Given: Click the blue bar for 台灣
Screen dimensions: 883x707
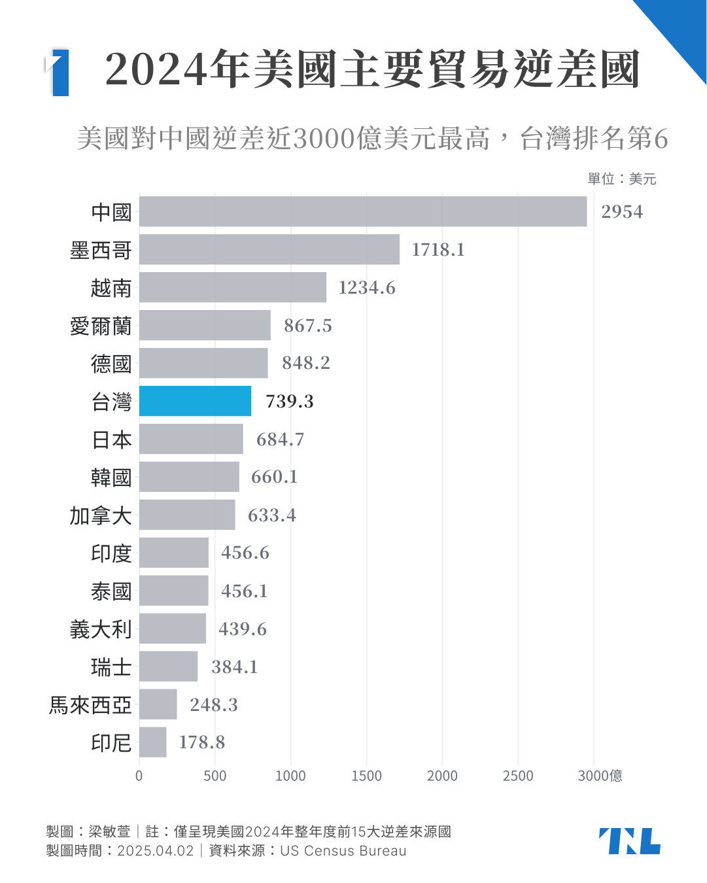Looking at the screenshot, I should (x=195, y=401).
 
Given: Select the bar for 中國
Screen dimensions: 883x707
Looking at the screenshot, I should (x=363, y=211).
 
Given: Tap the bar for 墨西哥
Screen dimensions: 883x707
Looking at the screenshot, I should (x=269, y=249).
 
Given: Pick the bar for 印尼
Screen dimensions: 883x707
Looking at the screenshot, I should (x=152, y=742).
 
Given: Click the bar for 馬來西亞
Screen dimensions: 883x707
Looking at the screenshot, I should (x=158, y=704).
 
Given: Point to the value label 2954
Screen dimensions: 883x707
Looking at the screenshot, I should (x=622, y=212).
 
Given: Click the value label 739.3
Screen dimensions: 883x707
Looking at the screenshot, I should (x=290, y=402).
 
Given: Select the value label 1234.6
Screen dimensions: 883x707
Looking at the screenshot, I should (x=367, y=288).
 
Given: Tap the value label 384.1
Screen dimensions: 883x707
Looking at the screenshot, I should (x=235, y=667).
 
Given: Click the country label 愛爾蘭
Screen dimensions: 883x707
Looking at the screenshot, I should (x=101, y=326).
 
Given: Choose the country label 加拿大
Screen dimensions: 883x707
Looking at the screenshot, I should (x=101, y=515).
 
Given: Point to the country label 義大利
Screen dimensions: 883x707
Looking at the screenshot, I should (x=101, y=629).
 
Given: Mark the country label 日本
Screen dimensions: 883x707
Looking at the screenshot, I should (x=111, y=440).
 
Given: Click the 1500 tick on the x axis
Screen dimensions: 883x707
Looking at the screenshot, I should (x=366, y=776).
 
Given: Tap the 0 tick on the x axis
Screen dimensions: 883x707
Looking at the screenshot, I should (x=139, y=776).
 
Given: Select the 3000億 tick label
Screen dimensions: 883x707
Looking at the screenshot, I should (x=600, y=776).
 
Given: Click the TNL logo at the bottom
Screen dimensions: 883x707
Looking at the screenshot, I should (x=629, y=841).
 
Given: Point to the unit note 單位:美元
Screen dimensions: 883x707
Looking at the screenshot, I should (x=621, y=179).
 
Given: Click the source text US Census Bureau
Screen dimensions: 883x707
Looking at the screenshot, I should (x=343, y=851).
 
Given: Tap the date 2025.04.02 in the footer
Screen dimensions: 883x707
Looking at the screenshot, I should (x=156, y=851).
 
